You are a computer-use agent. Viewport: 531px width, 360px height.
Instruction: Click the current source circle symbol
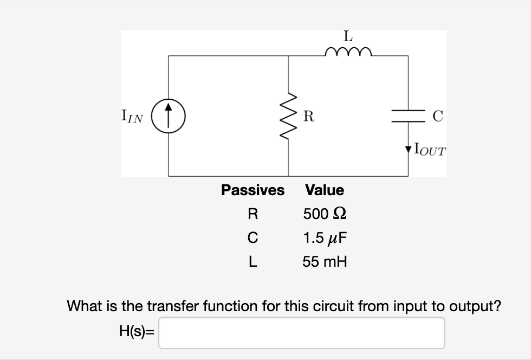click(168, 116)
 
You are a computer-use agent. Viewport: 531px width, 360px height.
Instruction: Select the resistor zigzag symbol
click(288, 115)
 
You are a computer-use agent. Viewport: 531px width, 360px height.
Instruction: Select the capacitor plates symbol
click(408, 115)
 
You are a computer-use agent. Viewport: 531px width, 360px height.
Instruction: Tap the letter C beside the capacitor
click(438, 115)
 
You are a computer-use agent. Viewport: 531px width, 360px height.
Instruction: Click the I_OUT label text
click(429, 150)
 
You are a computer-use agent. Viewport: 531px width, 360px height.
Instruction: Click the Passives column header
click(252, 190)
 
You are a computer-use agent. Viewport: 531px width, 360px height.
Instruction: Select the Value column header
click(325, 190)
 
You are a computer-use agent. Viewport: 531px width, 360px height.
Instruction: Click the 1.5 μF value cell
click(325, 237)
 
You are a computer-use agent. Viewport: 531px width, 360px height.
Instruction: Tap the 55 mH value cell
click(325, 262)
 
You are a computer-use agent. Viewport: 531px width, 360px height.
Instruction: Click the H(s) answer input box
click(301, 332)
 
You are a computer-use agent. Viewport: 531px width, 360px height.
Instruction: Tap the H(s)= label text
click(136, 332)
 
